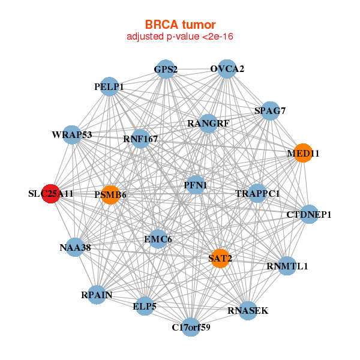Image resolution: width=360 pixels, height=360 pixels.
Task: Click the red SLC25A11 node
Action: tap(51, 194)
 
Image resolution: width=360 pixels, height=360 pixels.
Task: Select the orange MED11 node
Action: tap(303, 153)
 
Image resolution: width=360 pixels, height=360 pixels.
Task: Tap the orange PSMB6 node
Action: tap(110, 194)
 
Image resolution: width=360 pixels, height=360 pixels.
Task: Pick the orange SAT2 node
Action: tap(220, 259)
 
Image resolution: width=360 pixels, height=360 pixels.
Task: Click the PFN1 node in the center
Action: tap(196, 185)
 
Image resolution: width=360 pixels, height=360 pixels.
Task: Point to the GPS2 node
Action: tap(165, 69)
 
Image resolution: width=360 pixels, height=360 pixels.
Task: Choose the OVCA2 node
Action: tap(227, 69)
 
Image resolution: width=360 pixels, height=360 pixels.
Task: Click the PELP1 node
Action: tap(109, 87)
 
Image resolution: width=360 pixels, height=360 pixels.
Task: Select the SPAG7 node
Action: tap(270, 110)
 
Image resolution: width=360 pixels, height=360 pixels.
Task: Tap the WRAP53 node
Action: tap(72, 134)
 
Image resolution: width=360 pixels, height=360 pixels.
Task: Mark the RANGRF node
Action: tap(208, 124)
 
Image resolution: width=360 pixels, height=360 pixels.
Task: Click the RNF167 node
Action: tap(140, 139)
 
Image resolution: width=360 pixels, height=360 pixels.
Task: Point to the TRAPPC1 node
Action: tap(257, 193)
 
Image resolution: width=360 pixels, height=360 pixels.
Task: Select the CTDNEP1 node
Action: tap(308, 214)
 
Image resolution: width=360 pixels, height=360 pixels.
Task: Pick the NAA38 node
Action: tap(74, 247)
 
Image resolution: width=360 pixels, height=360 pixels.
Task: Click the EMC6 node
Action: tap(158, 239)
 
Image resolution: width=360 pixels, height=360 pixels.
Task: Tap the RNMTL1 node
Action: tap(287, 266)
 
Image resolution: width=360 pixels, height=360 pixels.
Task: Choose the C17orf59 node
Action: tap(191, 327)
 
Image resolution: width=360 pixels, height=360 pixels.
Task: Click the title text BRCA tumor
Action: tap(180, 25)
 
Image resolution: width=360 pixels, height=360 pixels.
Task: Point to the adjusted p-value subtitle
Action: tap(180, 37)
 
